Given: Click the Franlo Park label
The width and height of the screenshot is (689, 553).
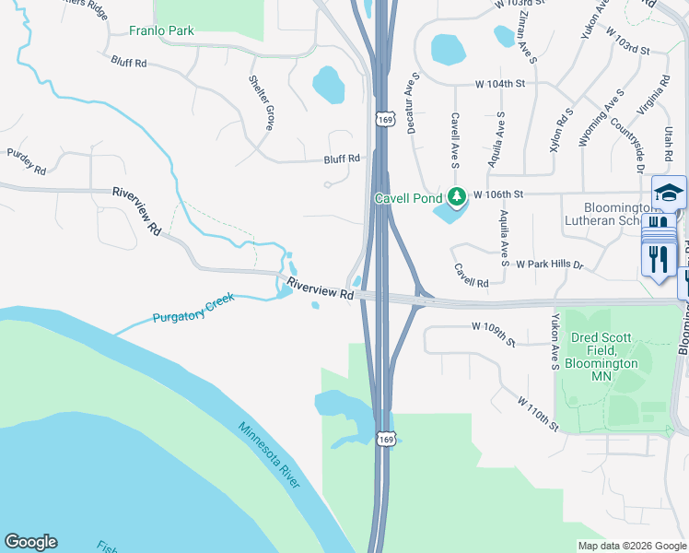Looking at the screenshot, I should [161, 30].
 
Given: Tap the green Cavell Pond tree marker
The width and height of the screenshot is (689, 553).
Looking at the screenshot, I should [456, 196].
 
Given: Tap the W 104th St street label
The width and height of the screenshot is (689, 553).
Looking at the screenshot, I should [499, 84].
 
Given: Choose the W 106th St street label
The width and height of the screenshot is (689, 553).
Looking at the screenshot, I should [498, 194].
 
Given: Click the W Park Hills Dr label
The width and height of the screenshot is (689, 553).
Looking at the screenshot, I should [550, 265].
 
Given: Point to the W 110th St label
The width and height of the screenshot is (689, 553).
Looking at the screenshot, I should [538, 414].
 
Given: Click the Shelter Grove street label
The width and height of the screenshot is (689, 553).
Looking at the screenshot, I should [261, 101].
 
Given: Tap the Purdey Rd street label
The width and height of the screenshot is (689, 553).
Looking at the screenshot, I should [26, 162].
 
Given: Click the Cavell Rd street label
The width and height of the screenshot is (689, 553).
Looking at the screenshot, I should [471, 274].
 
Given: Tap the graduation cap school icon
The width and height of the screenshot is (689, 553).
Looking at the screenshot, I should [669, 193].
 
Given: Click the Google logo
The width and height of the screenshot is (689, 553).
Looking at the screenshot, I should [30, 542].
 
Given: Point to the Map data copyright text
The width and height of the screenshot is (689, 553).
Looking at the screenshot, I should [632, 545].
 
